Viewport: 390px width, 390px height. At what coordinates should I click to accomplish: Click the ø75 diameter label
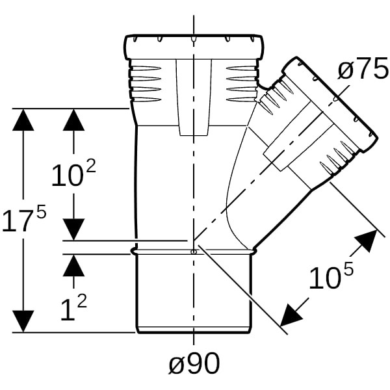(x=363, y=70)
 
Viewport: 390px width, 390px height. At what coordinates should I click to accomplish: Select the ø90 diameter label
(x=194, y=365)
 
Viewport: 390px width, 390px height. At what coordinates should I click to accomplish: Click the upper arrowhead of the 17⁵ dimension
(x=23, y=121)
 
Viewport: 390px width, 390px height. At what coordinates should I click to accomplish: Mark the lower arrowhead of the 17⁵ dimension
(x=23, y=321)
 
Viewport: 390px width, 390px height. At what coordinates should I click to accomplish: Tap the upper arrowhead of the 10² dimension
(x=74, y=121)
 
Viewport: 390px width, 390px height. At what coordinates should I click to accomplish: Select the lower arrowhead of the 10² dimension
(x=74, y=228)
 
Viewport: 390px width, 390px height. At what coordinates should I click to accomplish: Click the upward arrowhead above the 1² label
(x=74, y=265)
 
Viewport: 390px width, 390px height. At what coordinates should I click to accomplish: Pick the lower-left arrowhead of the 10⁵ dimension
(x=291, y=315)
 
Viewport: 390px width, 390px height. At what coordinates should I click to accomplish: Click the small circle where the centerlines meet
(x=193, y=252)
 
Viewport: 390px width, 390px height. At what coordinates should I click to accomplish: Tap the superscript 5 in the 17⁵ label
(x=40, y=211)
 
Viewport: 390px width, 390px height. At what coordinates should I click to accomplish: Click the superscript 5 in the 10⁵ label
(x=348, y=268)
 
